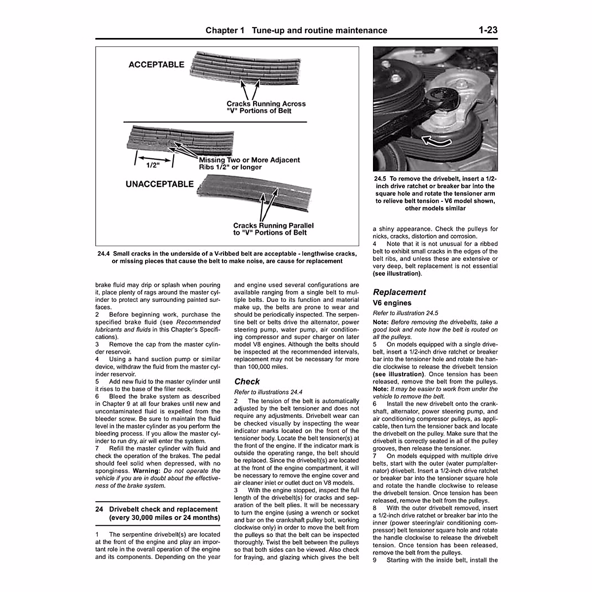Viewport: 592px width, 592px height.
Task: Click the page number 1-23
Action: coord(487,30)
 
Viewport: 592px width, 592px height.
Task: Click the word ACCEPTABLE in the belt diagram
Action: coord(156,65)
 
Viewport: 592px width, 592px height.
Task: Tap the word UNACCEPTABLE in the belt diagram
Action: coord(159,185)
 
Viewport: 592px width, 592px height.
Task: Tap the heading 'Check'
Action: coord(247,381)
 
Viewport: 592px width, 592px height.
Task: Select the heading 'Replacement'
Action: coord(399,292)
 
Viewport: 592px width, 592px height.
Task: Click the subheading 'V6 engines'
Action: coord(392,303)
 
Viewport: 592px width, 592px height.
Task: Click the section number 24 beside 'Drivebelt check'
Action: coord(99,509)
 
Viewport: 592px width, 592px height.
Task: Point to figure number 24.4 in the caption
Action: coord(105,254)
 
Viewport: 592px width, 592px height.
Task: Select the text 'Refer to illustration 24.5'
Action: coord(406,313)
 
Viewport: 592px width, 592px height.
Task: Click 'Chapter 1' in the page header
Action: coord(225,31)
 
